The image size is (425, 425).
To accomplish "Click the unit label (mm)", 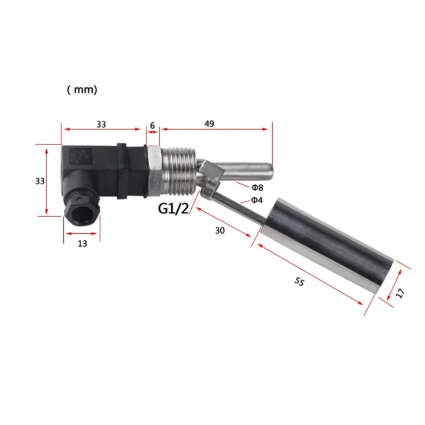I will click(82, 90).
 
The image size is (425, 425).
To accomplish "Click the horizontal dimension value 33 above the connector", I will click(102, 124).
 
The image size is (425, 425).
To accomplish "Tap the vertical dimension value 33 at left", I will click(40, 181).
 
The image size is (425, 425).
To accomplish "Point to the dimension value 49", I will click(210, 124).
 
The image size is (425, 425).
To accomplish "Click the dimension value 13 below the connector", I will click(82, 243).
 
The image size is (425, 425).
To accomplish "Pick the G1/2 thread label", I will click(173, 209).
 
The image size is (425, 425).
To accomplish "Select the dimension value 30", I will click(220, 231).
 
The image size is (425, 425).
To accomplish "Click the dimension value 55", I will click(299, 283).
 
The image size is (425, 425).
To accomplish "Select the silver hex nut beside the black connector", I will click(152, 169).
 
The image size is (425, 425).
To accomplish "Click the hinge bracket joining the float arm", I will click(211, 178).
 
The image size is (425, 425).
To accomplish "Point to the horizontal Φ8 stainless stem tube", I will click(248, 171).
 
